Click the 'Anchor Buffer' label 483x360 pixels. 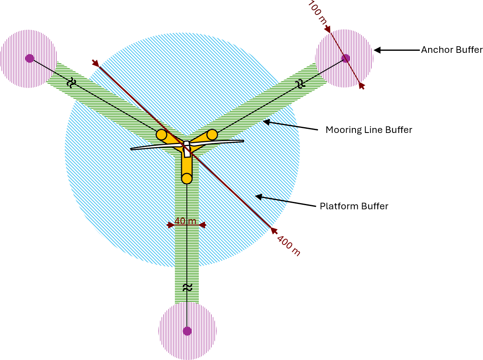click(x=452, y=50)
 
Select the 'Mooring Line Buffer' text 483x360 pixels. click(x=369, y=130)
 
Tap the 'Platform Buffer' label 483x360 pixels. click(x=354, y=206)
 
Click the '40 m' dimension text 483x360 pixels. click(x=185, y=221)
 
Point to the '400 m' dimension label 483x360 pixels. click(x=288, y=245)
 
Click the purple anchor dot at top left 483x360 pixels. click(x=29, y=58)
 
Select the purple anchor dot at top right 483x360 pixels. click(x=346, y=58)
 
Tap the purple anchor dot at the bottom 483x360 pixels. click(x=187, y=331)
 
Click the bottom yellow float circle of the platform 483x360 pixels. click(x=187, y=178)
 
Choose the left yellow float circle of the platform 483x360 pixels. click(x=161, y=135)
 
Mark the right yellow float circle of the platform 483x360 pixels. click(x=212, y=135)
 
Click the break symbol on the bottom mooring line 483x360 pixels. click(x=187, y=288)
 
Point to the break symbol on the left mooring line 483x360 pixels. click(x=71, y=83)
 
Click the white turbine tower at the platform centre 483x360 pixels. click(x=187, y=149)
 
